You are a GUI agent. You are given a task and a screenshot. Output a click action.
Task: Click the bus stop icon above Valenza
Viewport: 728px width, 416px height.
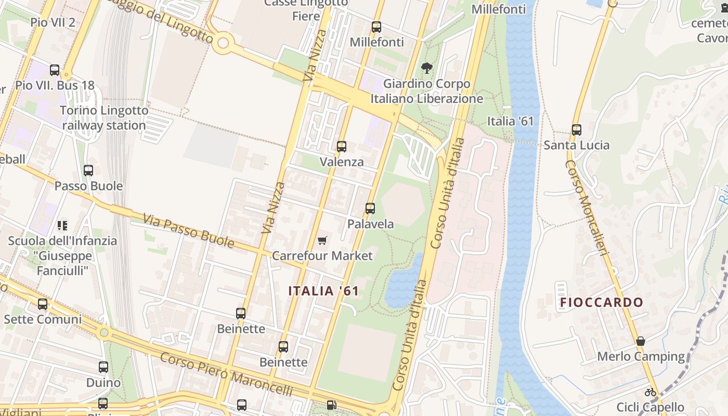(341, 147)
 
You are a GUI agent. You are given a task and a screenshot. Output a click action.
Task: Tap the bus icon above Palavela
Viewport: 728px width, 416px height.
(370, 209)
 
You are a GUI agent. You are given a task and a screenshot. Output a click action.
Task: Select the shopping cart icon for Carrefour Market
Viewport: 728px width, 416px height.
(322, 240)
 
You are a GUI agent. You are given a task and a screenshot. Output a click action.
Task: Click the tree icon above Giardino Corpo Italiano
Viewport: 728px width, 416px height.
(427, 68)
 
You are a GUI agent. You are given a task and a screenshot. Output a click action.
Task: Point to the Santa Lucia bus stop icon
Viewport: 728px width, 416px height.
(576, 129)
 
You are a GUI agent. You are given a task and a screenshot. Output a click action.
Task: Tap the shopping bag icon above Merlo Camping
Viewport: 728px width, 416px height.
(641, 341)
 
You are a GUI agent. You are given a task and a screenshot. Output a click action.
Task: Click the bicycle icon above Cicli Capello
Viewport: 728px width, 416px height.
(650, 392)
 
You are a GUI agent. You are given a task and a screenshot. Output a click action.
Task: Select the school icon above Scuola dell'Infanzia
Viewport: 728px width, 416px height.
(62, 226)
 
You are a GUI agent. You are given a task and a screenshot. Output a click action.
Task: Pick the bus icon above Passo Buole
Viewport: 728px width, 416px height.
(88, 170)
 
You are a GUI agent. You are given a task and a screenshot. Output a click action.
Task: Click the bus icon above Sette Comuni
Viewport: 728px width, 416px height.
(43, 304)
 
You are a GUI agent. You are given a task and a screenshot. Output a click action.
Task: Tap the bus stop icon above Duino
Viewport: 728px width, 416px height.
(103, 367)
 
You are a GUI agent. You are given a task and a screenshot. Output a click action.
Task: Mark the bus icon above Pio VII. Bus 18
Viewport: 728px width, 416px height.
(55, 70)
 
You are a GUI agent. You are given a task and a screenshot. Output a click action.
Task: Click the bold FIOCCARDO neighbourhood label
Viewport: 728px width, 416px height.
(602, 302)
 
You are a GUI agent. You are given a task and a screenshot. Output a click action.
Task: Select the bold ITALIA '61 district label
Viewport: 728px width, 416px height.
(323, 291)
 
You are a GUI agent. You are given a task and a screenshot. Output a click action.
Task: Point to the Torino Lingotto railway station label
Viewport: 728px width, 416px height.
(104, 118)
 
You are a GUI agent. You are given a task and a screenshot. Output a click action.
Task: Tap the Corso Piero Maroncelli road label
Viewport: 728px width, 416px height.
(226, 374)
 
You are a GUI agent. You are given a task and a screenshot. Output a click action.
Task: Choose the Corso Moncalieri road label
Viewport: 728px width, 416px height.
(587, 208)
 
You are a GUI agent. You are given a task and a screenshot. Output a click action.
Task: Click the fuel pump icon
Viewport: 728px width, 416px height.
(331, 405)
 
